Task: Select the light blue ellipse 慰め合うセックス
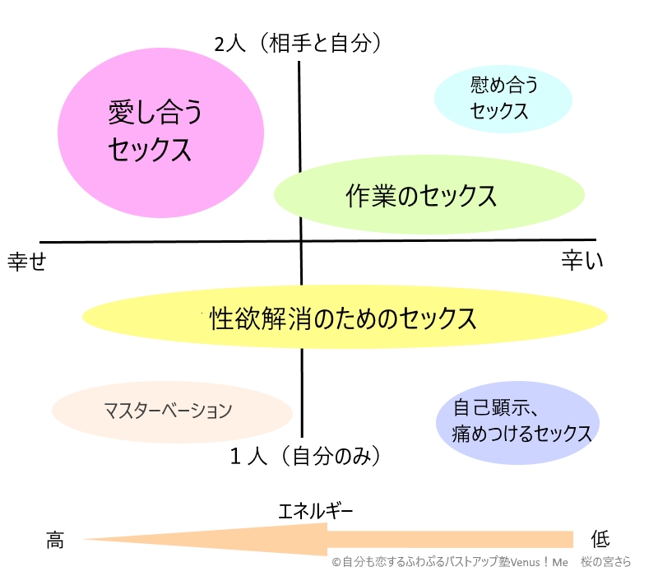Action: click(503, 98)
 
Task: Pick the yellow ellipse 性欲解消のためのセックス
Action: click(345, 317)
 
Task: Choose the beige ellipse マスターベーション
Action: click(172, 410)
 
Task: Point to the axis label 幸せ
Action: click(26, 261)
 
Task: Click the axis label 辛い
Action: click(582, 261)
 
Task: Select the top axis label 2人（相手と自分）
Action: click(300, 44)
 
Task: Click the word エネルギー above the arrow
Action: click(316, 512)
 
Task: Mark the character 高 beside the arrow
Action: click(55, 540)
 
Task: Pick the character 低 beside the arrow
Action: click(600, 540)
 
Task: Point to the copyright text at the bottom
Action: click(481, 562)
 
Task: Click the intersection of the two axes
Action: click(301, 242)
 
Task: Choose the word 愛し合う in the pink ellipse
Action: click(155, 114)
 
